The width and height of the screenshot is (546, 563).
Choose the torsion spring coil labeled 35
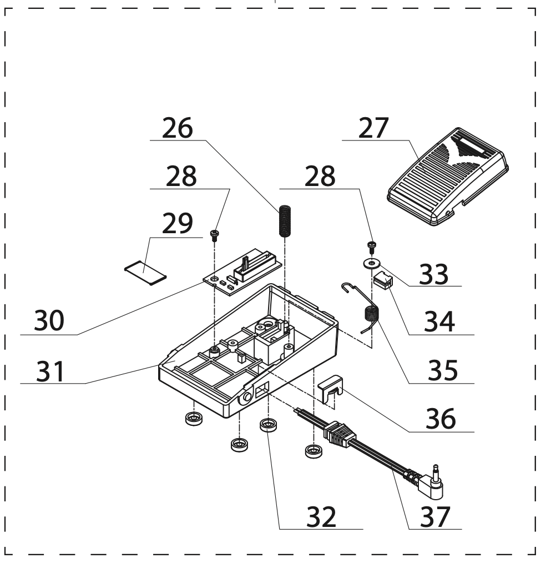[x=370, y=315]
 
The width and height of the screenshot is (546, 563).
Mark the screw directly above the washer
[x=371, y=245]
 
